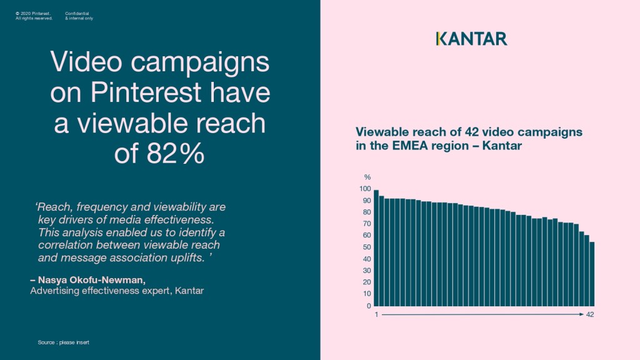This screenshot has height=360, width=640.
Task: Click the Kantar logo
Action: (x=471, y=39)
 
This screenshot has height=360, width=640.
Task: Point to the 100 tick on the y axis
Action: (x=366, y=189)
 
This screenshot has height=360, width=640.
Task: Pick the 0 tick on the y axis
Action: (x=369, y=306)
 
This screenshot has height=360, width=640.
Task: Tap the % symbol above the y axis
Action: (x=367, y=177)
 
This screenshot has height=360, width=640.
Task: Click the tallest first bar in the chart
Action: (x=376, y=247)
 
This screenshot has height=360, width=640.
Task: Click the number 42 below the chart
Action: (x=590, y=314)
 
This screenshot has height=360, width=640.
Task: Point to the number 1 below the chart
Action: (x=376, y=314)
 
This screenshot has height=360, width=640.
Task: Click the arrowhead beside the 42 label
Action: (x=582, y=314)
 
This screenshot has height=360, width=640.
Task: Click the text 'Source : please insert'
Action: (x=63, y=342)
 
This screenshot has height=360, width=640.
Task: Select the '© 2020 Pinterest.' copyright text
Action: (x=33, y=12)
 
